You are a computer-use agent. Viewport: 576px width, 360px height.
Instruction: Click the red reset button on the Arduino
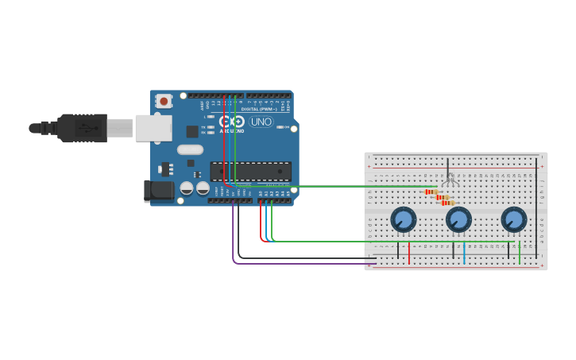point(164,101)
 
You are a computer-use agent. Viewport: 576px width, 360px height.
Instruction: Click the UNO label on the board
point(261,122)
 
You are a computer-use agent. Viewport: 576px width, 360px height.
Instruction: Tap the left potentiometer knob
point(404,219)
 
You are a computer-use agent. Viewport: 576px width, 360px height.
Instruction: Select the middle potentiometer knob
point(458,219)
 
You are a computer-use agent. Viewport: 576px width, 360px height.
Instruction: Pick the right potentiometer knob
point(514,219)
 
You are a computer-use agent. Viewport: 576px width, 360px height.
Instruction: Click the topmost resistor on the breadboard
point(431,192)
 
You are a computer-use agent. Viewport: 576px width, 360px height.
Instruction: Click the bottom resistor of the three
point(447,203)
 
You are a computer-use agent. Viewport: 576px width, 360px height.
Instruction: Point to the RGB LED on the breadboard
point(449,180)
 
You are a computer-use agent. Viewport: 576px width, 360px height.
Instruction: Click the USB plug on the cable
point(83,128)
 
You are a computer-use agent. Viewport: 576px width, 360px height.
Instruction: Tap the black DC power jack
point(158,191)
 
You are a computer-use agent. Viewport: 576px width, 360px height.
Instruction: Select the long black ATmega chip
point(251,171)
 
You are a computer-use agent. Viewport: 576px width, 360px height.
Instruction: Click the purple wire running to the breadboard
point(302,264)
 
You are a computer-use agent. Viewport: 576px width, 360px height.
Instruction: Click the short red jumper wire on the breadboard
point(409,253)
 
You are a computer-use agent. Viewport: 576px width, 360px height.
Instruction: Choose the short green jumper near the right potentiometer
point(520,253)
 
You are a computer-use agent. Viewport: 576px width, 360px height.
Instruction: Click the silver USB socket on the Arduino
point(153,128)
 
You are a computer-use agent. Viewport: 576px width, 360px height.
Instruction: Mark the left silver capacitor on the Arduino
point(187,188)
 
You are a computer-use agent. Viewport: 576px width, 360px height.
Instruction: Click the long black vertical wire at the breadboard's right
point(536,207)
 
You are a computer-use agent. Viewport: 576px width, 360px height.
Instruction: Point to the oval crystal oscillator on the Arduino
point(191,149)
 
